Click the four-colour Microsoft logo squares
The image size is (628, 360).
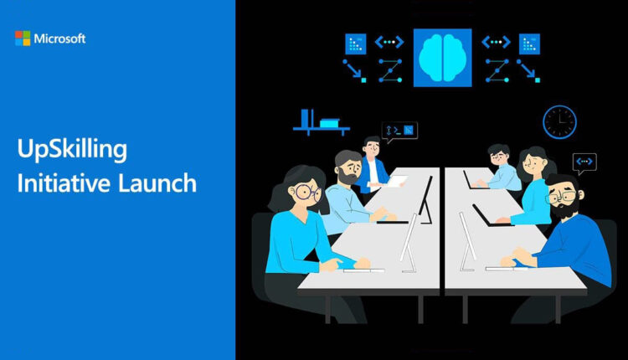tap(23, 39)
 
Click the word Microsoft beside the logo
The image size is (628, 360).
tap(59, 39)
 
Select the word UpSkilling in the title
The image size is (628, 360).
tap(72, 150)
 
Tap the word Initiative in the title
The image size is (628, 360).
tap(64, 183)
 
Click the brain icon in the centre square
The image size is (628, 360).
tap(443, 58)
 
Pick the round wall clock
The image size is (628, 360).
tap(559, 122)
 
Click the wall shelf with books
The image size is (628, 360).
tap(322, 122)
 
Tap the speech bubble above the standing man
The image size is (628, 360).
tap(399, 131)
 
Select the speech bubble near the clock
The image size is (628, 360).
tap(584, 163)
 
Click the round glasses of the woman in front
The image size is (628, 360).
tap(307, 193)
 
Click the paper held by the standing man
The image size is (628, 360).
tap(396, 182)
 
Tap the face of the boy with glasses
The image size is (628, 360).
tap(500, 157)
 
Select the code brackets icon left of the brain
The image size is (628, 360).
tap(389, 42)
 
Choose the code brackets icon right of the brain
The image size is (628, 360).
tap(496, 42)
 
